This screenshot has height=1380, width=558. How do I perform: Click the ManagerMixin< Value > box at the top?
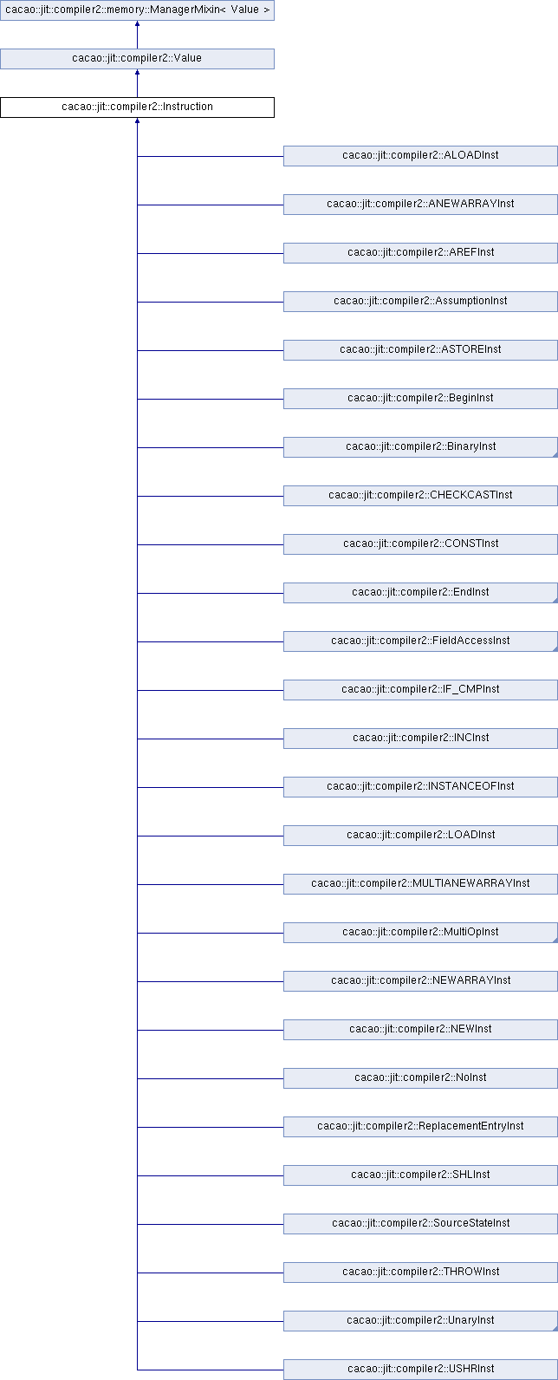[x=137, y=10]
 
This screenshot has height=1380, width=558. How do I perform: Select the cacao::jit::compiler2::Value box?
[x=137, y=59]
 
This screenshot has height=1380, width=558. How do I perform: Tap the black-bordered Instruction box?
[x=137, y=107]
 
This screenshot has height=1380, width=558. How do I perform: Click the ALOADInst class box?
[x=420, y=156]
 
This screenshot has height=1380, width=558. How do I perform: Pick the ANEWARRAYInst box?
[x=420, y=205]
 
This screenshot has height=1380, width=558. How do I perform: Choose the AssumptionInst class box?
[x=420, y=302]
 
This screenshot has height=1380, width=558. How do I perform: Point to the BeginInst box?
[x=420, y=399]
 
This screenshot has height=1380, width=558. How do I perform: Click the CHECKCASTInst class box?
[x=420, y=496]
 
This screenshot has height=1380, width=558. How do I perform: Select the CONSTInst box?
[x=420, y=544]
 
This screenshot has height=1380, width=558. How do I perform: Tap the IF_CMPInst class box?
[x=420, y=690]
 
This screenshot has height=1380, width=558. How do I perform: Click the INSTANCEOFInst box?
[x=420, y=787]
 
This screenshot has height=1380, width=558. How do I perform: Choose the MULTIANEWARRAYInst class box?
[x=420, y=884]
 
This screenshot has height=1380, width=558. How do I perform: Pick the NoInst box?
[x=420, y=1078]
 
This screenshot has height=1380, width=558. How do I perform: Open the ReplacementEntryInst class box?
[x=420, y=1127]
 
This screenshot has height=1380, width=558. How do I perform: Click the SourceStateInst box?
[x=420, y=1223]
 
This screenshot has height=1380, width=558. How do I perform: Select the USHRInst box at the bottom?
[x=420, y=1370]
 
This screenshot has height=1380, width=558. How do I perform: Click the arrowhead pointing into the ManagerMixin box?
[x=138, y=23]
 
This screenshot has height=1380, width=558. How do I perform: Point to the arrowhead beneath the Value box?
[x=138, y=72]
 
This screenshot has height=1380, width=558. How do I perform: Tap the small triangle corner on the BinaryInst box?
[x=555, y=455]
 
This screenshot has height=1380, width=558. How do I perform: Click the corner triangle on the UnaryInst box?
[x=555, y=1328]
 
